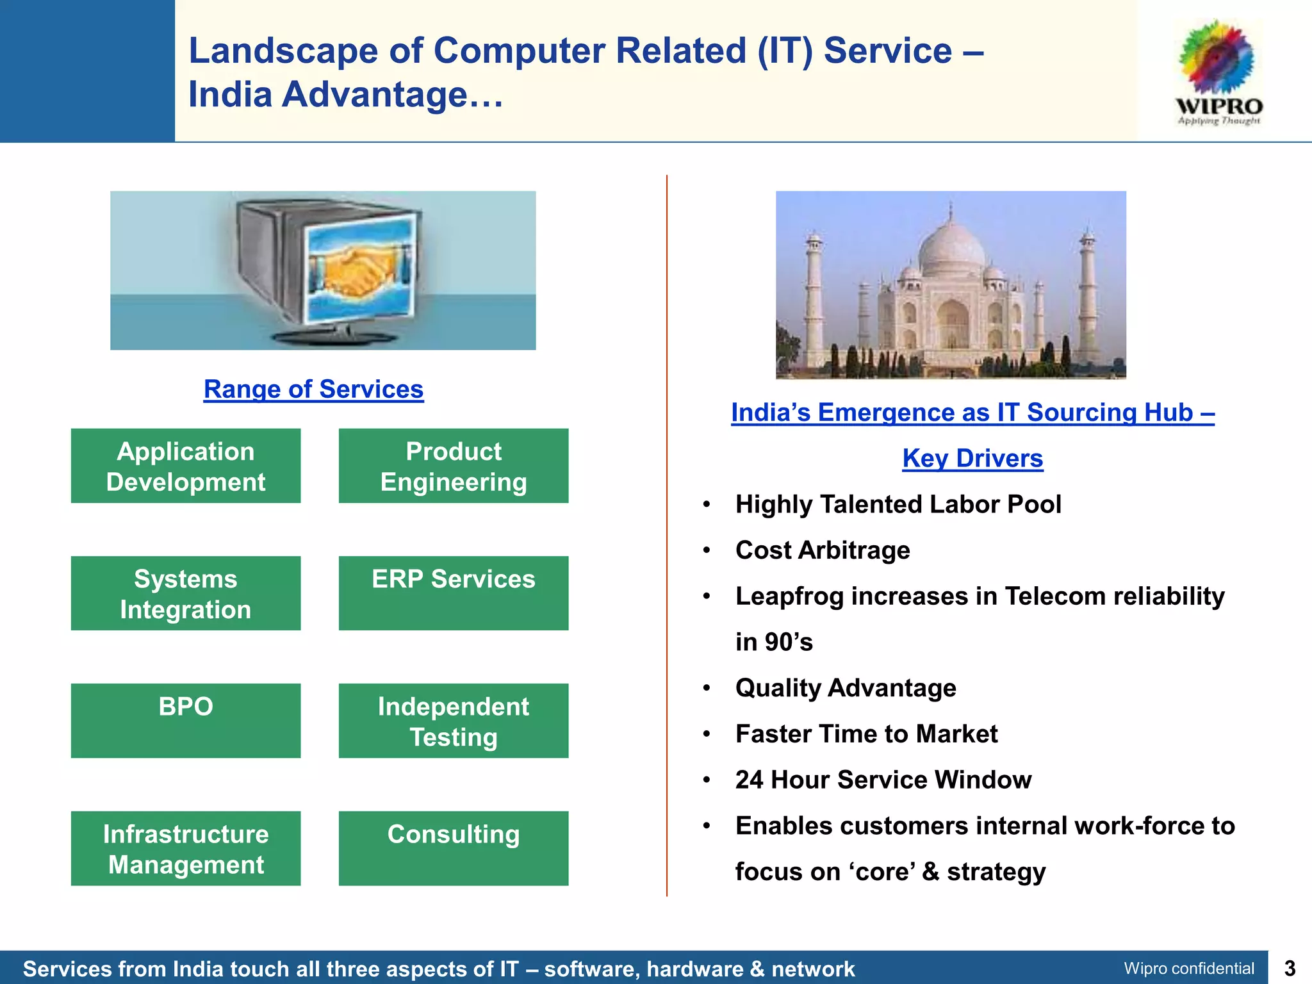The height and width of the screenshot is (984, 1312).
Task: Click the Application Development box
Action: (x=186, y=466)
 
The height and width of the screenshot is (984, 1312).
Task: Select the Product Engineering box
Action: (x=453, y=466)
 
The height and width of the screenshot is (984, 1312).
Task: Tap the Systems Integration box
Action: (x=186, y=593)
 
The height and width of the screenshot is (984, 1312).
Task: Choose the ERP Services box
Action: (x=453, y=593)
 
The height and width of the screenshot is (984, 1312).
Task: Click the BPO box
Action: (x=186, y=720)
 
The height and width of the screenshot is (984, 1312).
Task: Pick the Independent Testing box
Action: (x=453, y=720)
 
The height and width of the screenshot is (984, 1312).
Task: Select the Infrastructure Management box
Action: (x=186, y=848)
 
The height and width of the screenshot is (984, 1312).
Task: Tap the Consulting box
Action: (x=453, y=848)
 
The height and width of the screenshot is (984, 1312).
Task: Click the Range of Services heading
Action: (x=313, y=389)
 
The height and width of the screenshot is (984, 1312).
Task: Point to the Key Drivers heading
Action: (x=972, y=459)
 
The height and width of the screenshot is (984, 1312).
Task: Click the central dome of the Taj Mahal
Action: (x=951, y=247)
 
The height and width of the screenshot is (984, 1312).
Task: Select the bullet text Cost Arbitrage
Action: (x=823, y=550)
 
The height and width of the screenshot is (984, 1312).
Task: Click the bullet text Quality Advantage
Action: (x=846, y=688)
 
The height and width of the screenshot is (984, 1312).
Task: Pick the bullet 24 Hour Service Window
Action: (x=883, y=780)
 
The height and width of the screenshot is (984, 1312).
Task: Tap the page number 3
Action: (x=1290, y=968)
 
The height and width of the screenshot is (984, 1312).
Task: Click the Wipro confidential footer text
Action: (x=1188, y=968)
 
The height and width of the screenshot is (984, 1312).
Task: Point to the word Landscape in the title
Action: (x=283, y=51)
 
